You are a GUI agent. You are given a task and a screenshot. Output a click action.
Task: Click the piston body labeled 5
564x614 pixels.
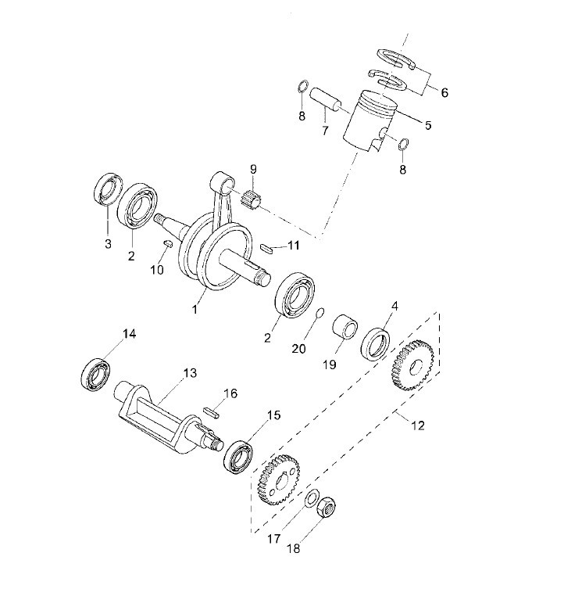coord(369,120)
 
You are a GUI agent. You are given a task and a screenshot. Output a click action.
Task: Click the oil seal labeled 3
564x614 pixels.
coord(108,189)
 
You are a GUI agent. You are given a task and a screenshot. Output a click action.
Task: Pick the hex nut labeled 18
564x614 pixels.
coord(326,507)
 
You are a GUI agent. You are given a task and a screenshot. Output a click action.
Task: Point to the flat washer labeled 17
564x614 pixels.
coord(312,497)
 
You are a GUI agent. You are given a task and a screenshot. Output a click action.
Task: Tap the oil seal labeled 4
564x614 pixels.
coord(375,343)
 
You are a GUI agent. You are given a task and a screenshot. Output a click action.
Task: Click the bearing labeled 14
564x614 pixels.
coord(96,373)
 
